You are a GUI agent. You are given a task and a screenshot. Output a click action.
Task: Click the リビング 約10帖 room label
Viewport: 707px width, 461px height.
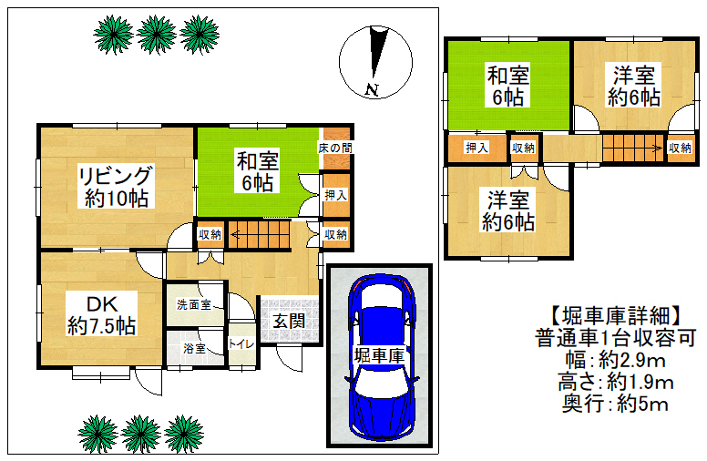tap(116, 186)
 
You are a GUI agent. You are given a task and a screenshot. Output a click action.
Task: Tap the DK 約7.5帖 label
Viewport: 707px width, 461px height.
tap(102, 315)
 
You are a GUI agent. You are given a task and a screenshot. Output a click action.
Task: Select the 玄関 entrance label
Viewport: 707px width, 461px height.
tap(289, 322)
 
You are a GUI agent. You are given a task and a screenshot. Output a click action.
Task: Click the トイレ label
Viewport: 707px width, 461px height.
tap(241, 343)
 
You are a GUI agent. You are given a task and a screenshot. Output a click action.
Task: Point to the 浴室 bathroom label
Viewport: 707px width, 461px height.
tap(195, 348)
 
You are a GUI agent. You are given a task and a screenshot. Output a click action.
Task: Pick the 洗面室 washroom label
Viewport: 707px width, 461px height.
tap(194, 305)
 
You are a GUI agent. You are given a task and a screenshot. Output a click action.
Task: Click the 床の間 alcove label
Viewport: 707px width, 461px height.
tap(335, 148)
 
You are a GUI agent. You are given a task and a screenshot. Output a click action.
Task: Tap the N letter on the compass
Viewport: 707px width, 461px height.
tap(372, 90)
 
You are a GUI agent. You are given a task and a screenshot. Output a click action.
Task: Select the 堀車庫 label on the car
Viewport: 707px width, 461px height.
tap(379, 356)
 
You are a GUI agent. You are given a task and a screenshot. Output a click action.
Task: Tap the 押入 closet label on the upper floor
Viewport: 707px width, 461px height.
tap(476, 148)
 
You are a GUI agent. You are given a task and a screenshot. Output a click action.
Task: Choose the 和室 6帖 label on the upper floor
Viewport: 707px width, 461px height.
tap(508, 86)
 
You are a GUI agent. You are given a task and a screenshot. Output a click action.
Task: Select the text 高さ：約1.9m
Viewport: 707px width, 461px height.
tap(616, 382)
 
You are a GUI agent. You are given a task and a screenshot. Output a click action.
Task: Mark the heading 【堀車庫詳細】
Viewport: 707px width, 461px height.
tap(615, 316)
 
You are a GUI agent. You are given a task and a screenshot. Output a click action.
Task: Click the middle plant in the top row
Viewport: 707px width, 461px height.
tap(156, 35)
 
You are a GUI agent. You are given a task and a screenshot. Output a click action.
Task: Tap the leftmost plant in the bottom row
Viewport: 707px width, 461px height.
tap(98, 434)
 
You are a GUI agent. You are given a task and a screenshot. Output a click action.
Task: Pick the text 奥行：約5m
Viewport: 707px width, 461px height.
tap(615, 405)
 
